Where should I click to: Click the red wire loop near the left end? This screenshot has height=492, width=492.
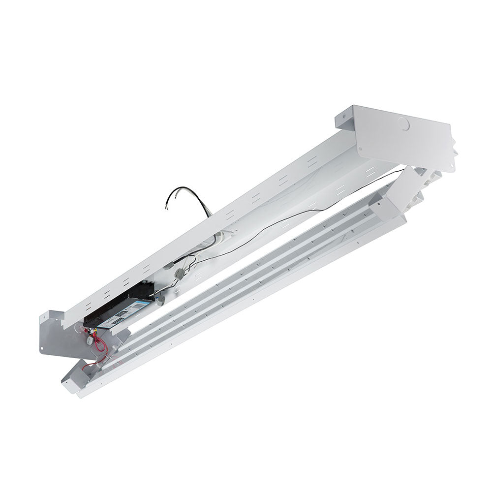(x=100, y=343)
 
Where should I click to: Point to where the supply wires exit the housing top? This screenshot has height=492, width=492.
(x=209, y=215)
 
